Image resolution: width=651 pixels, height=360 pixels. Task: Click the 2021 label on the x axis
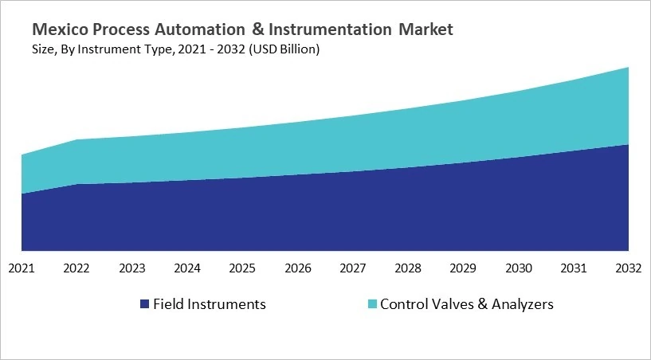point(22,268)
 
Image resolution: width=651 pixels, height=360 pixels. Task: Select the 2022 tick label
point(77,268)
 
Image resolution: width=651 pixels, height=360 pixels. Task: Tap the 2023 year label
point(132,268)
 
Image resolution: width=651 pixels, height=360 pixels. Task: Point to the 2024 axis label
point(187,268)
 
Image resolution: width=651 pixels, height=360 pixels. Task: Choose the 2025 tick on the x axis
point(242,268)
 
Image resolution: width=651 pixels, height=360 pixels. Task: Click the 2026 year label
point(298,268)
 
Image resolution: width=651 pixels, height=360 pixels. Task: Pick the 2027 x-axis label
point(353,268)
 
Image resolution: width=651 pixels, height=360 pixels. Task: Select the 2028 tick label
point(408,268)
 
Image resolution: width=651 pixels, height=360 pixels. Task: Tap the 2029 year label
point(463,268)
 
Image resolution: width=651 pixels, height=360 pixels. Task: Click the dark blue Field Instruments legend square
point(144,304)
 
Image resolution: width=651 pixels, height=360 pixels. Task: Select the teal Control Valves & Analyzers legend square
point(372,304)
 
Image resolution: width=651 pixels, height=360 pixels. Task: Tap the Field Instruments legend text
point(210,304)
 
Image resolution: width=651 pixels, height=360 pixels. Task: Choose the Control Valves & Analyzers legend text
point(466,304)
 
